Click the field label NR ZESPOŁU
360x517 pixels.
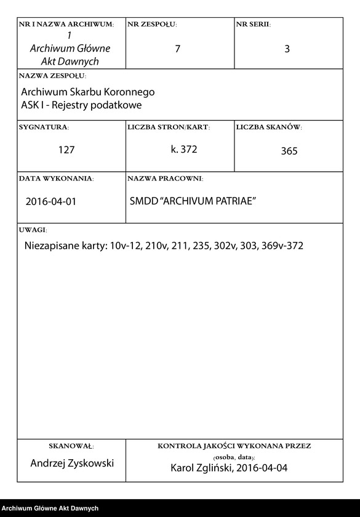(x=152, y=25)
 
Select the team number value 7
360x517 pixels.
(x=178, y=49)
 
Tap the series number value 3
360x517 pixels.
(x=287, y=49)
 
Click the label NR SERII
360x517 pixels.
(x=253, y=25)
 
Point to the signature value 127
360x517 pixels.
(x=66, y=150)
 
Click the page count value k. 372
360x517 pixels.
(x=184, y=149)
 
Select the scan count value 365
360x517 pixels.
(x=289, y=151)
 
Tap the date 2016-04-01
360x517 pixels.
(x=51, y=201)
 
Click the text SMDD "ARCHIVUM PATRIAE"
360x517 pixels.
(x=193, y=201)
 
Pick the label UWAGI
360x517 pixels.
(x=33, y=230)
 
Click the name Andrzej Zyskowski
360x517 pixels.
(x=72, y=463)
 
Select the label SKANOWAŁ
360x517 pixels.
(x=71, y=445)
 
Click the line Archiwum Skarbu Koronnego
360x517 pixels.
(x=87, y=92)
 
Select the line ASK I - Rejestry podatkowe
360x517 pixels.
(x=81, y=105)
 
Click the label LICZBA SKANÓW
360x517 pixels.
(x=269, y=127)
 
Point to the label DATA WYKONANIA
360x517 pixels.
(x=56, y=178)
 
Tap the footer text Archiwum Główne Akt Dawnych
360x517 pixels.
(x=50, y=508)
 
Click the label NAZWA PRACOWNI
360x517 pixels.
(x=165, y=178)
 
